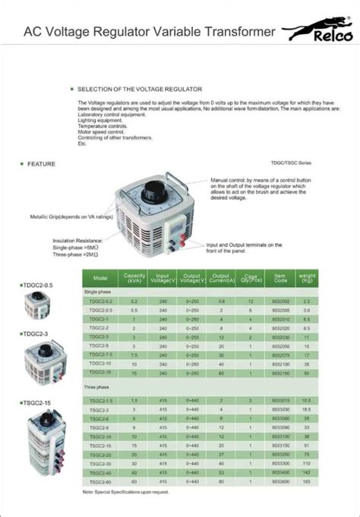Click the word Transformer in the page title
235,32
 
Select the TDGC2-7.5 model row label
101,355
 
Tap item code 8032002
280,301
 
